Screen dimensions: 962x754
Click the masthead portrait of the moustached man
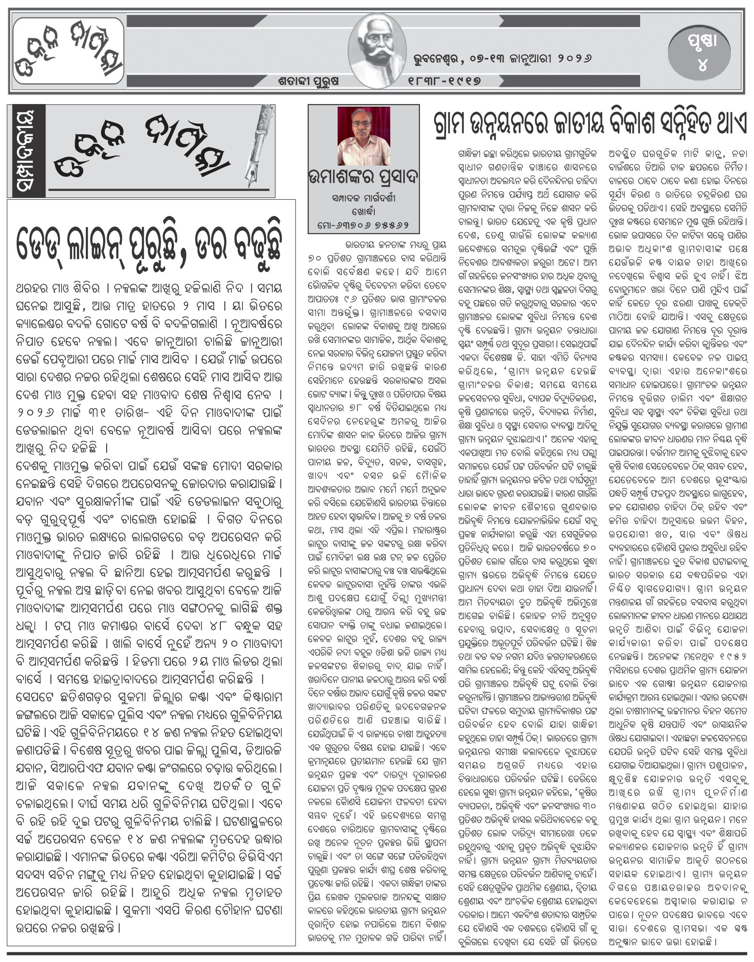377,50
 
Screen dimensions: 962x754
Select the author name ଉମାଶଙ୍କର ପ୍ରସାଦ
363,182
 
